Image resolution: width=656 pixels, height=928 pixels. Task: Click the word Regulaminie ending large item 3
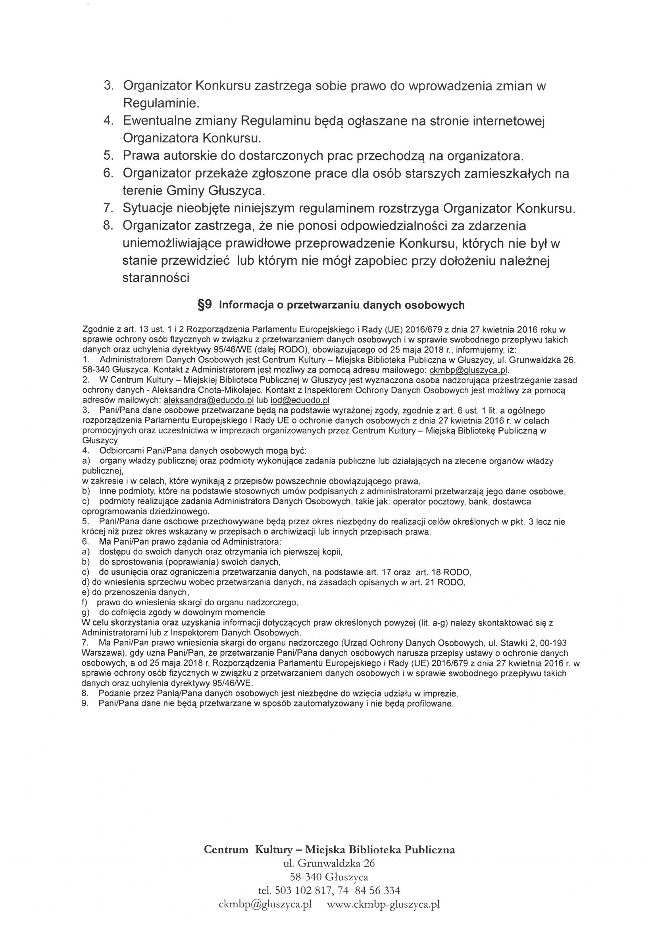click(x=161, y=104)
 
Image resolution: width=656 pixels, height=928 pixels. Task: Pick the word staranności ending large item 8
click(x=156, y=278)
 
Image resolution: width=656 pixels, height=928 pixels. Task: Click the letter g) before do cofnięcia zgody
click(x=85, y=612)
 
